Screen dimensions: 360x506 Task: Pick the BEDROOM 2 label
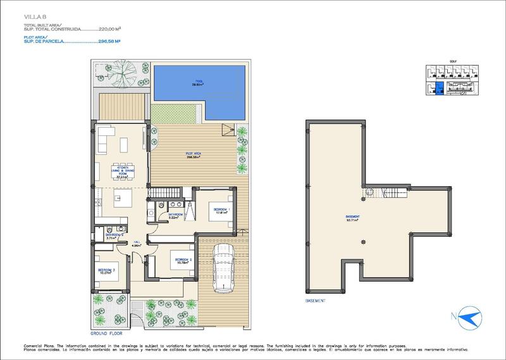click(183, 259)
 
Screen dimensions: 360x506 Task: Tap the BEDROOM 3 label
click(106, 271)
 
